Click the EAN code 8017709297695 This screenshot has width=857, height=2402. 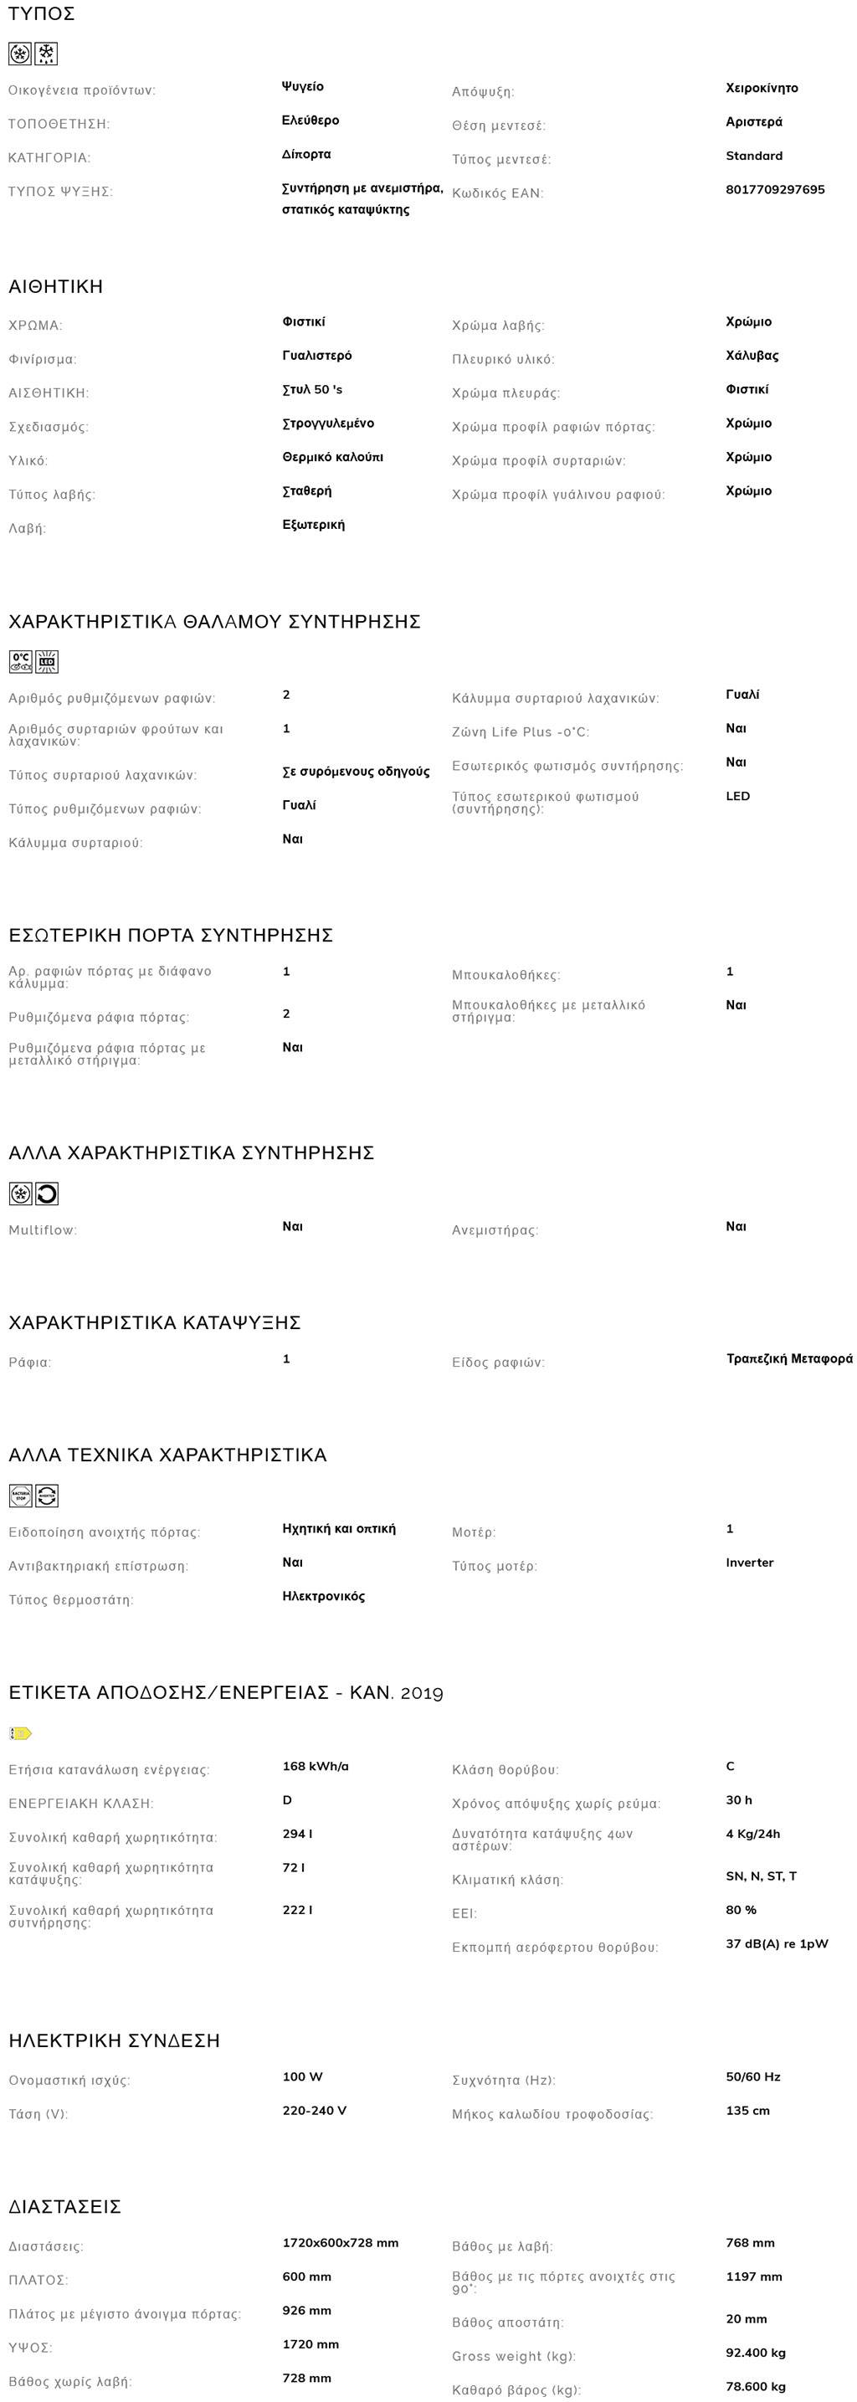775,189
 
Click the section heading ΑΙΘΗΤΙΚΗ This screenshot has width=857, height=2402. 56,286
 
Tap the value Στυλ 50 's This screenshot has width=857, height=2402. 312,390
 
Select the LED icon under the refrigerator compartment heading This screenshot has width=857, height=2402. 47,662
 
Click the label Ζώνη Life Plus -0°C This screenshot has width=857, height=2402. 521,732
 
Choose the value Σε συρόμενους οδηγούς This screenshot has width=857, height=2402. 357,772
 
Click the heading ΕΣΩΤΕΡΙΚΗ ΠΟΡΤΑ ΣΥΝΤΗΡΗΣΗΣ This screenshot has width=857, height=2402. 171,935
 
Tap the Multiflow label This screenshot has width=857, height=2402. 43,1230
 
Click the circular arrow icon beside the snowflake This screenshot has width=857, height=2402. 47,1193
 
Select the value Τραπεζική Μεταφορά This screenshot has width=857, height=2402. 789,1358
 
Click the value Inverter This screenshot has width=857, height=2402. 750,1563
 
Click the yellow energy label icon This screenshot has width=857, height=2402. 21,1733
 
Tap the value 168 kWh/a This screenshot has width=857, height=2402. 316,1766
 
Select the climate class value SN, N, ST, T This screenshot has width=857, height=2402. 761,1876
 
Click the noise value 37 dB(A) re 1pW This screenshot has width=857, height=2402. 777,1943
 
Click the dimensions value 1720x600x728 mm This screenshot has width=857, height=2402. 341,2242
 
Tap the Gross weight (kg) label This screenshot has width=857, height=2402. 514,2356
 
